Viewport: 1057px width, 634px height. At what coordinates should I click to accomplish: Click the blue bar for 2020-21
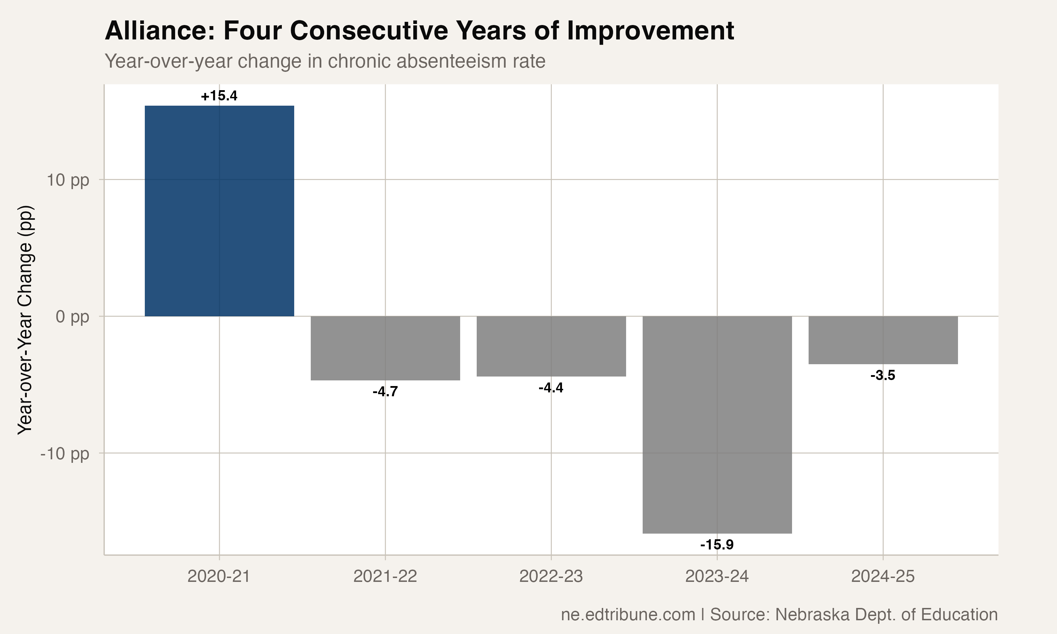click(x=219, y=211)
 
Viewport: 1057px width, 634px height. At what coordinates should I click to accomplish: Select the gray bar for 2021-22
click(x=385, y=348)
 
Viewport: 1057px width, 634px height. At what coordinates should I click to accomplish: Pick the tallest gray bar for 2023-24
click(x=717, y=425)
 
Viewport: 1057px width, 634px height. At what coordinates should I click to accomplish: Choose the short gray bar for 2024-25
click(x=883, y=340)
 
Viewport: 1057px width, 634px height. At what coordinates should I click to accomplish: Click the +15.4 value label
click(x=219, y=96)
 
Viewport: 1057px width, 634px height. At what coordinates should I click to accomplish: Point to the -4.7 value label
click(x=385, y=391)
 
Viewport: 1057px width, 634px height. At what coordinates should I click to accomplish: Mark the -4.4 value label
click(x=551, y=388)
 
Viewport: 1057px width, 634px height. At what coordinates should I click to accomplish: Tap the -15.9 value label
click(x=717, y=545)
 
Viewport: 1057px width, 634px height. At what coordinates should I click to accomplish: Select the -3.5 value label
click(x=883, y=375)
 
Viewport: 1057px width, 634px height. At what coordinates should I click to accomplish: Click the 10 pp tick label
click(x=68, y=180)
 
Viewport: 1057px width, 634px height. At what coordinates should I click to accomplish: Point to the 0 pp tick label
click(x=72, y=317)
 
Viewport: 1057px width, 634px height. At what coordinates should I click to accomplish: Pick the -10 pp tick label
click(x=64, y=453)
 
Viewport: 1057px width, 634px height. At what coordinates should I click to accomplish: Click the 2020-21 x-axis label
click(x=219, y=577)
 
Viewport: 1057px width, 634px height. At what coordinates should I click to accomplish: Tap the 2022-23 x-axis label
click(x=551, y=577)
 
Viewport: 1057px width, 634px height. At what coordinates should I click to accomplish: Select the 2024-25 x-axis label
click(x=883, y=577)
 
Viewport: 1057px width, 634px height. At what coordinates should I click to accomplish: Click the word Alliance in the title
click(x=159, y=31)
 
